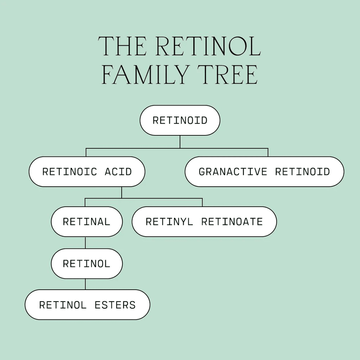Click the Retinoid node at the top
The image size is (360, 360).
pos(180,120)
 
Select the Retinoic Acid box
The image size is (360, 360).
pos(87,172)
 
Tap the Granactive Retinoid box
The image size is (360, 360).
pos(264,172)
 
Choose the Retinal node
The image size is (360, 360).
pos(87,221)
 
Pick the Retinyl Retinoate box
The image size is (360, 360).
pos(204,221)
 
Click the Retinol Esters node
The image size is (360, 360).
pos(88,305)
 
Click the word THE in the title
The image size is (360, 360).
pos(122,46)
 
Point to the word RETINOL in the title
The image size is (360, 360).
pos(208,46)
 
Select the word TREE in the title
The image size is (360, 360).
pos(228,75)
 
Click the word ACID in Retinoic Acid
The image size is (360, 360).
pos(118,172)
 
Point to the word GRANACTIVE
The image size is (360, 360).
pos(233,172)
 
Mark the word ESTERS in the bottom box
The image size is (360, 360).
pos(115,305)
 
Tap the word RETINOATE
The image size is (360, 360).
pos(232,222)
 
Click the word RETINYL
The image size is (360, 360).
pos(169,222)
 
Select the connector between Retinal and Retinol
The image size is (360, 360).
pos(85,243)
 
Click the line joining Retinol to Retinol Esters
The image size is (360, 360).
pos(85,284)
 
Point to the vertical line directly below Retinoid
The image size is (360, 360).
pos(180,142)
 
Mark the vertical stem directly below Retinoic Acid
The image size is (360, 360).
pos(121,192)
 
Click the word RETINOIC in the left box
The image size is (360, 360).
pos(70,172)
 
